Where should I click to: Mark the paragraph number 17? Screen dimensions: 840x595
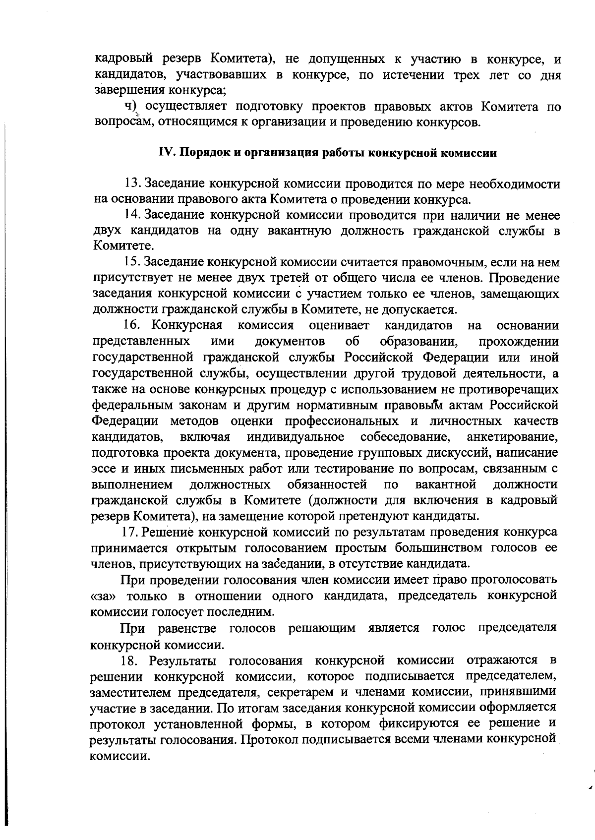[131, 533]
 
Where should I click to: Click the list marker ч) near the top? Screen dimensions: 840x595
[130, 107]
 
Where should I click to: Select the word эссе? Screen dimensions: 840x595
[104, 469]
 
